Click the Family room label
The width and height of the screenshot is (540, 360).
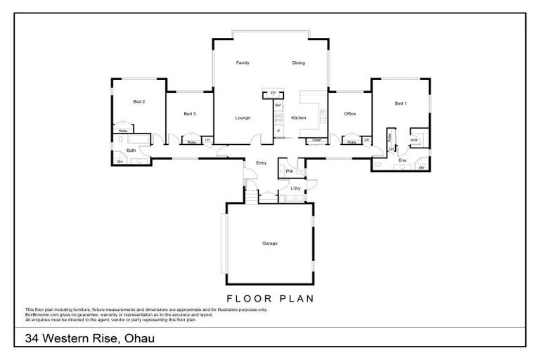243,63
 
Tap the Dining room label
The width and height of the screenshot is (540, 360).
299,63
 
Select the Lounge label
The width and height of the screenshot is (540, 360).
243,117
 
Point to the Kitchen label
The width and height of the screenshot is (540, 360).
299,117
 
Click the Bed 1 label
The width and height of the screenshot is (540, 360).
400,103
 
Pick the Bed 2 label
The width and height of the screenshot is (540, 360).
139,101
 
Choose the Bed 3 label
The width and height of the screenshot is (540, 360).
189,113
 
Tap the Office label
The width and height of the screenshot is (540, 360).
349,113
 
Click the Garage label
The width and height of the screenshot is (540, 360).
270,243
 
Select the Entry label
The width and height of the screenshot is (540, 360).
261,163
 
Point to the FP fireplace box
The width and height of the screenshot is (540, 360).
273,94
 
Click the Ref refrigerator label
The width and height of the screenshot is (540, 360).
278,105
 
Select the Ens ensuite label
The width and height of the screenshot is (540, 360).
402,161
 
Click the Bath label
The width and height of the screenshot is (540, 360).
131,150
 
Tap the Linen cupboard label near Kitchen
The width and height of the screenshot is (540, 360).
317,141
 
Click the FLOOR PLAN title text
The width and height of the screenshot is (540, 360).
270,297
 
